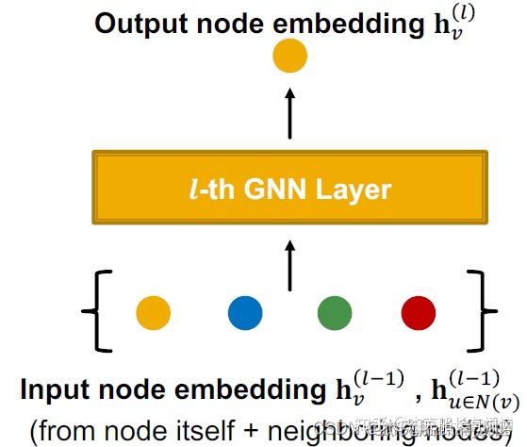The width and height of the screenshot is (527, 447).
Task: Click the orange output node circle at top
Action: (x=289, y=58)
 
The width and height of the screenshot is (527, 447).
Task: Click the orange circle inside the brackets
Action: (x=153, y=312)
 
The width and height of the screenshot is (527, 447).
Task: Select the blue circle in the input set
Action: (x=245, y=312)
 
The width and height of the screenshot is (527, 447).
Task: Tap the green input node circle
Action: (x=335, y=312)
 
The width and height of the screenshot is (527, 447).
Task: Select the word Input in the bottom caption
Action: (x=55, y=389)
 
